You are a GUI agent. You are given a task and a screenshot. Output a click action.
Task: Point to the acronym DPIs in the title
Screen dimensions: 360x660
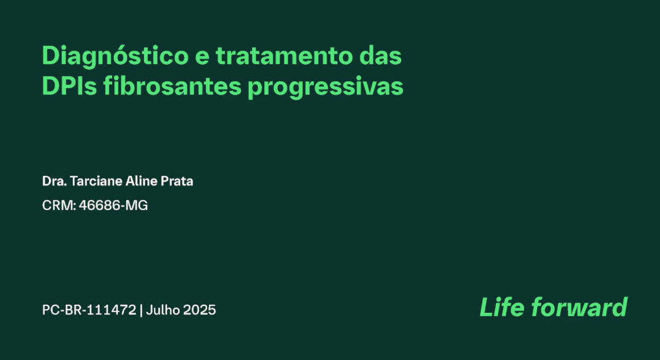coord(69,88)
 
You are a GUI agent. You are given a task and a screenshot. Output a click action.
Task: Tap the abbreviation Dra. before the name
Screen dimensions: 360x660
coord(53,181)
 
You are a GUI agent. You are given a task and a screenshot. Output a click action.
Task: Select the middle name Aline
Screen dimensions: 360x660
coord(143,181)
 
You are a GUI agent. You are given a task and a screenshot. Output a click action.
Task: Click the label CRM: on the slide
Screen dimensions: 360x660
coord(59,206)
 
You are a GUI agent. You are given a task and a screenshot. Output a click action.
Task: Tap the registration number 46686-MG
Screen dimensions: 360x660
coord(113,206)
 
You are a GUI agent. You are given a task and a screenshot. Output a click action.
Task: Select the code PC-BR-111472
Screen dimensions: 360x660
coord(89,311)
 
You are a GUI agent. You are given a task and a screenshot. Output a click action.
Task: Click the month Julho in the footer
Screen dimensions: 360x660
coord(163,311)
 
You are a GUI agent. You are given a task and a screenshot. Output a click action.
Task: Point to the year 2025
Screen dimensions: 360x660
coord(200,311)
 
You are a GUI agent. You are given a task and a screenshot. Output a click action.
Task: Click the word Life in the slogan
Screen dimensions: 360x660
coord(501,308)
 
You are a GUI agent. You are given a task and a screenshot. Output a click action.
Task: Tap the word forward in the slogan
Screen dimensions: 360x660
coord(579,308)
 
